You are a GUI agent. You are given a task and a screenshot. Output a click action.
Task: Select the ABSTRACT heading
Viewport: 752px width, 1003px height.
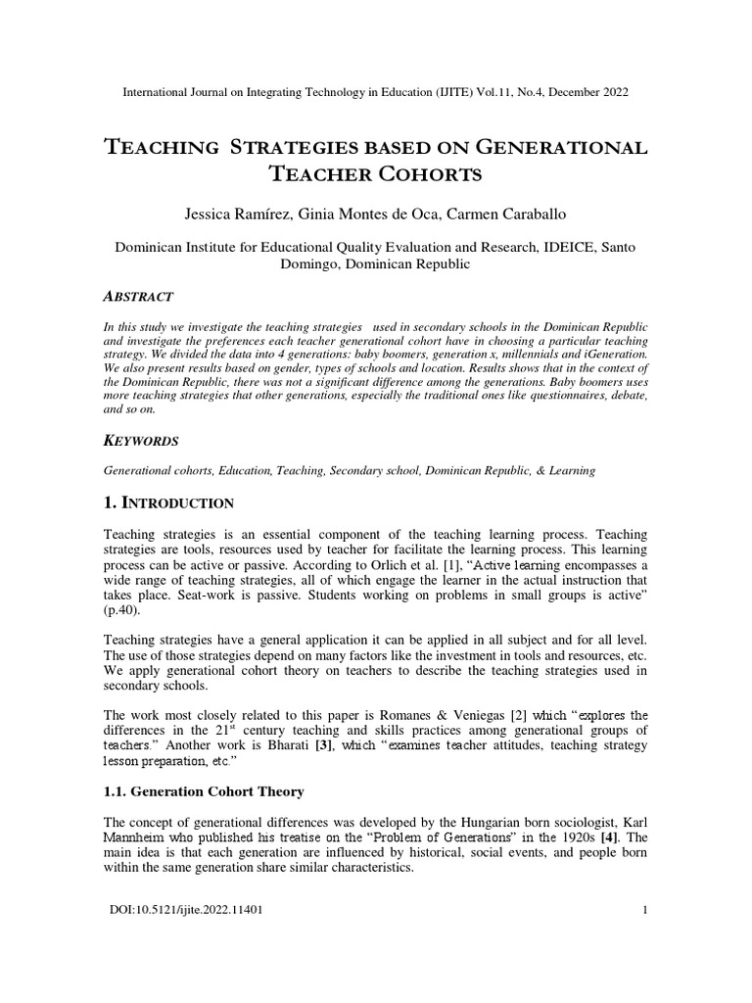[x=138, y=296]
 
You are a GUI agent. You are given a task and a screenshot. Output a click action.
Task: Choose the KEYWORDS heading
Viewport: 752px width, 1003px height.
[x=141, y=441]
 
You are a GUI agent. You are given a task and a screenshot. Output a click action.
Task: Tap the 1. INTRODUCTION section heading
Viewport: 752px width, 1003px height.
[x=168, y=503]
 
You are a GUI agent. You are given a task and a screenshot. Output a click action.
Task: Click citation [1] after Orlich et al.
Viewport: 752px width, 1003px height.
[x=427, y=566]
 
